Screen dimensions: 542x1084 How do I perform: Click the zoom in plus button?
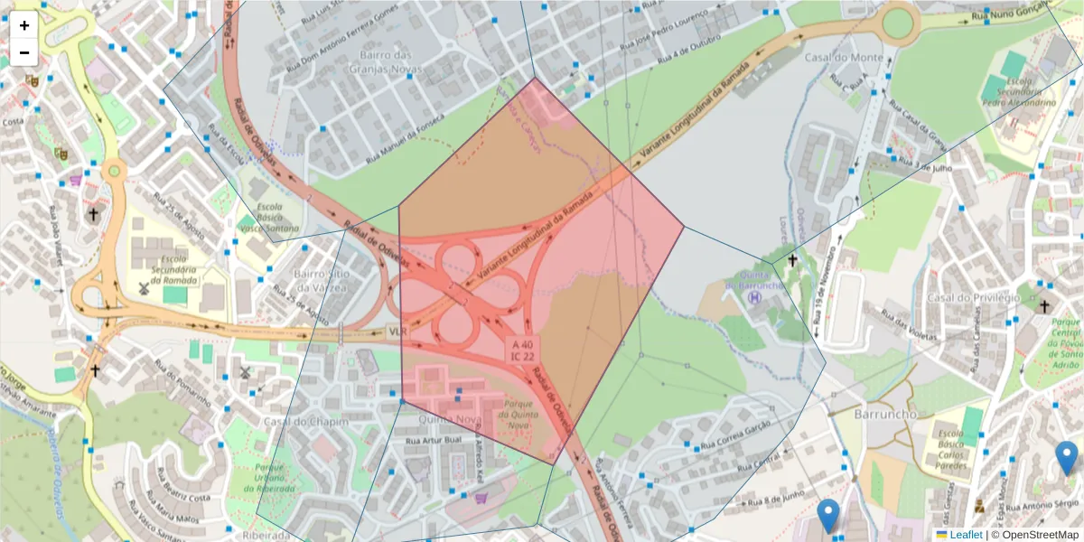(x=24, y=25)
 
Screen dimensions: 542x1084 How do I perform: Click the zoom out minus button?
(x=24, y=52)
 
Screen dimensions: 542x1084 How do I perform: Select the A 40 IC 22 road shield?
(x=522, y=350)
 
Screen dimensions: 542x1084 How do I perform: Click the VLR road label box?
(x=397, y=332)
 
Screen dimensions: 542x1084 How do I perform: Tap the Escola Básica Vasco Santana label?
(x=269, y=218)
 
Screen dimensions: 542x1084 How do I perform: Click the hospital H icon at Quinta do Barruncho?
(x=756, y=296)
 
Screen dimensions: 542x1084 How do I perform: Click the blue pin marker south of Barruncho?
(x=827, y=515)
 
